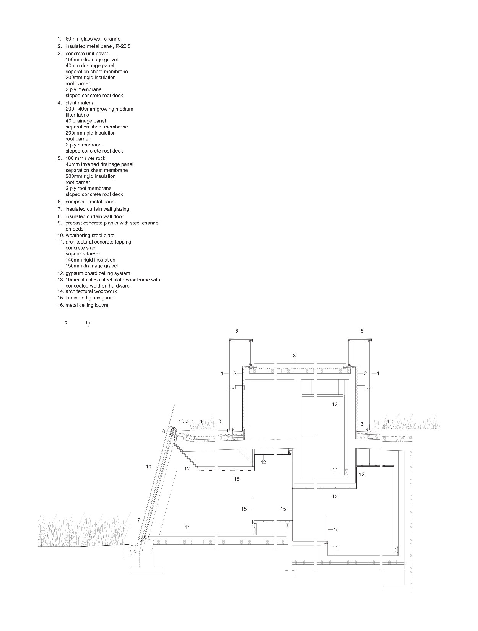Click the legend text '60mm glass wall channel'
[93, 39]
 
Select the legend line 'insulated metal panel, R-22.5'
[98, 46]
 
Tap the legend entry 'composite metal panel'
[91, 202]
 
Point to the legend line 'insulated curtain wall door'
[94, 216]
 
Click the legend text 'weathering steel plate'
[90, 236]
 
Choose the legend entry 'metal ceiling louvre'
[87, 305]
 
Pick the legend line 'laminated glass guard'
[90, 298]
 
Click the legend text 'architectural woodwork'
[91, 291]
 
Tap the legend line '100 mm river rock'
[85, 158]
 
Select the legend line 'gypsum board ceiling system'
[98, 273]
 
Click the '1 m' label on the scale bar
[88, 322]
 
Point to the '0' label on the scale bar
[66, 322]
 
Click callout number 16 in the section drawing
[237, 479]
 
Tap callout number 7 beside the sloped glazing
[138, 520]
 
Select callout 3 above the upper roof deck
[294, 356]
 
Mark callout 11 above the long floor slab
[187, 527]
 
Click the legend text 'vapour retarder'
[83, 254]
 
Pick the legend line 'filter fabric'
[77, 115]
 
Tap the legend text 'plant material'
[80, 103]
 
